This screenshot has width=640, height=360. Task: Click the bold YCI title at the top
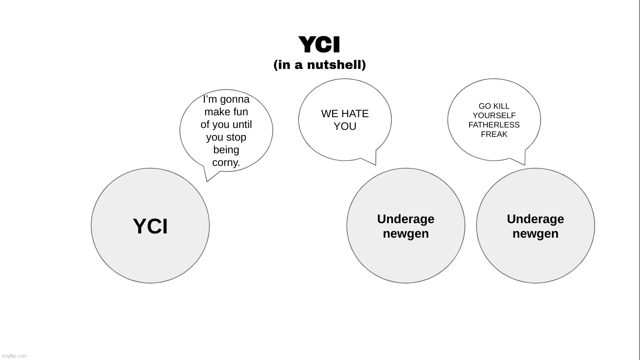320,45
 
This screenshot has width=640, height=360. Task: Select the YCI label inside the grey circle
150,226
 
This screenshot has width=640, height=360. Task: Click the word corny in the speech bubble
225,163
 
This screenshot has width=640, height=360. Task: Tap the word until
242,125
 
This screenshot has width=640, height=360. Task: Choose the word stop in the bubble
237,137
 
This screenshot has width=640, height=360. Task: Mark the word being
226,150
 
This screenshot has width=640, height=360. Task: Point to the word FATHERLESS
494,125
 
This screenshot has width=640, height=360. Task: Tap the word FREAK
494,135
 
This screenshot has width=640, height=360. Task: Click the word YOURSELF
494,115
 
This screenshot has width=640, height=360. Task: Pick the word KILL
502,106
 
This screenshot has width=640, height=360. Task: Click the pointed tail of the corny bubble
207,181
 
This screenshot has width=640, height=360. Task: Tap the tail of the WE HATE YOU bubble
375,165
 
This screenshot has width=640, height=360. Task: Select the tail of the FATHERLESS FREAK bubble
525,165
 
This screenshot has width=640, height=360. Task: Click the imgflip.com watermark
14,356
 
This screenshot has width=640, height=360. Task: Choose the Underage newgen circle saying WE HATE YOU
406,225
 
